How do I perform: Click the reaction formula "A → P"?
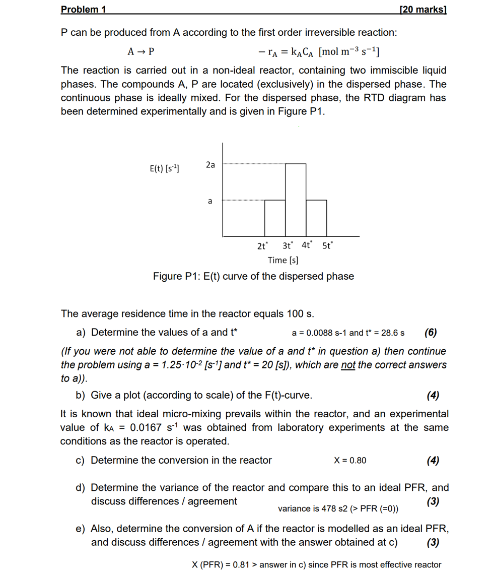142,51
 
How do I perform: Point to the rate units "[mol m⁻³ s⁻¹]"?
349,51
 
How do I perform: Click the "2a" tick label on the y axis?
210,165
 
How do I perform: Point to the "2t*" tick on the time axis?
263,246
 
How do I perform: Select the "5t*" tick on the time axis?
327,246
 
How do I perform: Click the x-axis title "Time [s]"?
283,260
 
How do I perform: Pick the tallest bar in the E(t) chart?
296,200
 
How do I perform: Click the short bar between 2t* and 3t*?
275,218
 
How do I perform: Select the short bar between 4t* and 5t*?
316,218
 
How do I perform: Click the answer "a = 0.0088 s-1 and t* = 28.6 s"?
348,333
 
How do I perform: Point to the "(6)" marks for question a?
431,332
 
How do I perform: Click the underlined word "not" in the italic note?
347,364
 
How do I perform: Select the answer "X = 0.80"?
350,461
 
